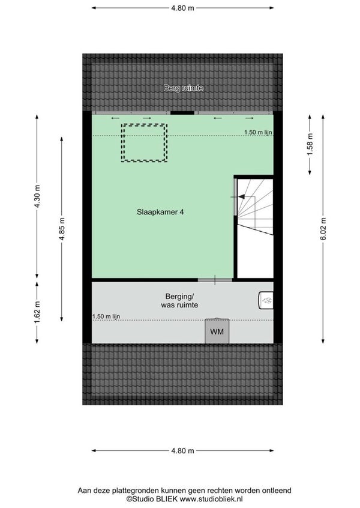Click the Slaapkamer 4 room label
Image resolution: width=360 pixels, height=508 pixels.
pyautogui.click(x=160, y=212)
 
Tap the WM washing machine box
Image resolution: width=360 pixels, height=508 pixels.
pyautogui.click(x=217, y=331)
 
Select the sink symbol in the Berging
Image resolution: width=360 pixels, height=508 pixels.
pyautogui.click(x=266, y=300)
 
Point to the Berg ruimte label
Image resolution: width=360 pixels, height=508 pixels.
pyautogui.click(x=183, y=88)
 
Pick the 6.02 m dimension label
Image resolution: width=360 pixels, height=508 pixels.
pyautogui.click(x=323, y=229)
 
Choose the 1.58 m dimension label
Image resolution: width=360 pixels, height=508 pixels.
pyautogui.click(x=310, y=145)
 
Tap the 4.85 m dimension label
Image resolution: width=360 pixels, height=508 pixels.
pyautogui.click(x=62, y=229)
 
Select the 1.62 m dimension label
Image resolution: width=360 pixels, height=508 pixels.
pyautogui.click(x=37, y=312)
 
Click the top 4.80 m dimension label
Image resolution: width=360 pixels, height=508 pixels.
pyautogui.click(x=183, y=8)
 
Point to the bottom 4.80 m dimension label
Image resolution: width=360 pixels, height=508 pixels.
pyautogui.click(x=183, y=451)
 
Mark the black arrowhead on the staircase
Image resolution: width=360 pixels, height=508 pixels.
pyautogui.click(x=241, y=196)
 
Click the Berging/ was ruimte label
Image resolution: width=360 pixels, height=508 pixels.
pyautogui.click(x=179, y=300)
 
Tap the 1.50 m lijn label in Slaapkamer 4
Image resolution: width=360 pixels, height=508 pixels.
pyautogui.click(x=258, y=132)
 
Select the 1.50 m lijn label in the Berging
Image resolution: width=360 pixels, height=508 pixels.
pyautogui.click(x=106, y=316)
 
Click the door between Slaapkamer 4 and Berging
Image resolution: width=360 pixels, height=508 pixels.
pyautogui.click(x=215, y=280)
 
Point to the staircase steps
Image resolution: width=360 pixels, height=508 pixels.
pyautogui.click(x=256, y=207)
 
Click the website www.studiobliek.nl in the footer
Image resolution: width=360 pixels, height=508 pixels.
pyautogui.click(x=211, y=499)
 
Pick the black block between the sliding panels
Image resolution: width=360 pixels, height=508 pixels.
pyautogui.click(x=182, y=113)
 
